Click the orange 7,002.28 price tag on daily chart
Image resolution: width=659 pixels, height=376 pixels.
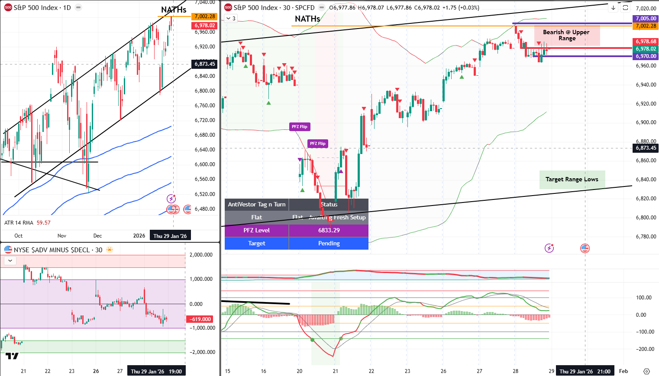[205, 16]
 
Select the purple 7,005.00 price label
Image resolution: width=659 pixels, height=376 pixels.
[646, 19]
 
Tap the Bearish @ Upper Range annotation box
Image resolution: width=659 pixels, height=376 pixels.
[566, 35]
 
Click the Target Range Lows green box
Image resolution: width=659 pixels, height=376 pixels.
[572, 180]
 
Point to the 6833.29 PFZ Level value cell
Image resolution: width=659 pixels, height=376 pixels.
[329, 230]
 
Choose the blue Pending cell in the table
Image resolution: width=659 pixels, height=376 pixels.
[329, 243]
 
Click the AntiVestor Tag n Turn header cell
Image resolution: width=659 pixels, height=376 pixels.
[256, 204]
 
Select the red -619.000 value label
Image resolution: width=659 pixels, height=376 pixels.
[200, 319]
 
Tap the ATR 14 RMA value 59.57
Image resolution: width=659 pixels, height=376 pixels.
[43, 223]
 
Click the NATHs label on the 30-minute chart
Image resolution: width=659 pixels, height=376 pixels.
[307, 19]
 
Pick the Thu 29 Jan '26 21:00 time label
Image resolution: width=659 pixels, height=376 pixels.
[585, 371]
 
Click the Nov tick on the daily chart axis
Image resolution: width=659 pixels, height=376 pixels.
[62, 236]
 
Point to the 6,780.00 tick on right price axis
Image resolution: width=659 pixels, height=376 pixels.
[646, 237]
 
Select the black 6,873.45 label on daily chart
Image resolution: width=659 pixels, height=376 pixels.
[205, 64]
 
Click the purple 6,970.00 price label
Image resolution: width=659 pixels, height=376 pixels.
[646, 56]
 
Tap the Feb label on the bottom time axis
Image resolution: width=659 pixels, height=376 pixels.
[623, 371]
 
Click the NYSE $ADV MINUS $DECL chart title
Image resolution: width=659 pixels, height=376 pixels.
[58, 250]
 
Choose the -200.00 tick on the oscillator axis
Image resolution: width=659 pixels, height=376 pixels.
[643, 349]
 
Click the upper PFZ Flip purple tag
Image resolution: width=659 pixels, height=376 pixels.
[299, 127]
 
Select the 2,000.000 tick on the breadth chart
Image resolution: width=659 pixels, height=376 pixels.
[201, 255]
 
